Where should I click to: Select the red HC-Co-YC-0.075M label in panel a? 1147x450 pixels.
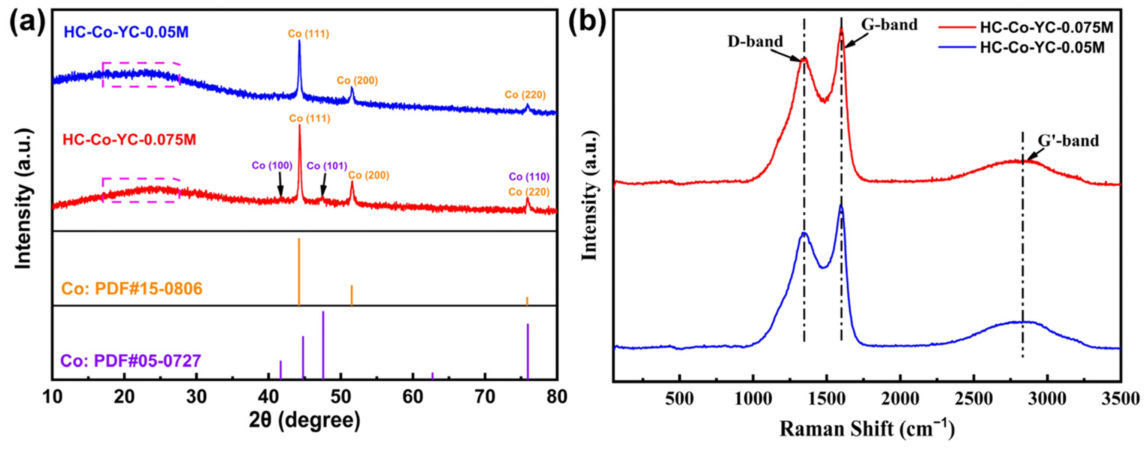(x=129, y=139)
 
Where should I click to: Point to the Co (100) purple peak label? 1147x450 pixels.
(x=272, y=166)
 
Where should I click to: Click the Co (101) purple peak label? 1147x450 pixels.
(x=327, y=166)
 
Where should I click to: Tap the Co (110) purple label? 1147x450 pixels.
(x=529, y=177)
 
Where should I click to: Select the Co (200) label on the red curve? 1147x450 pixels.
(x=368, y=175)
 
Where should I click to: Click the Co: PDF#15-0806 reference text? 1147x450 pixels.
(x=132, y=289)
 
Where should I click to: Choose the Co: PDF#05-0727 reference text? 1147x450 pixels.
(x=131, y=360)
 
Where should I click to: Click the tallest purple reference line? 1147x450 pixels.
(x=323, y=345)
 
